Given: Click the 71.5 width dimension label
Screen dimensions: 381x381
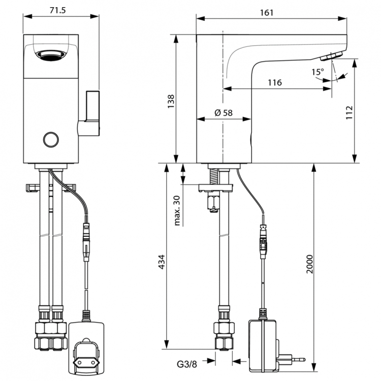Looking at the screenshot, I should pos(61,10).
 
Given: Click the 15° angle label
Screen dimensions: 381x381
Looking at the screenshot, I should pos(317,72).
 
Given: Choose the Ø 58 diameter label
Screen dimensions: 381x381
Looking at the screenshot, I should pos(224,113).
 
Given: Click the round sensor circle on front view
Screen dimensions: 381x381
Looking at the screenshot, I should pos(51,139).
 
